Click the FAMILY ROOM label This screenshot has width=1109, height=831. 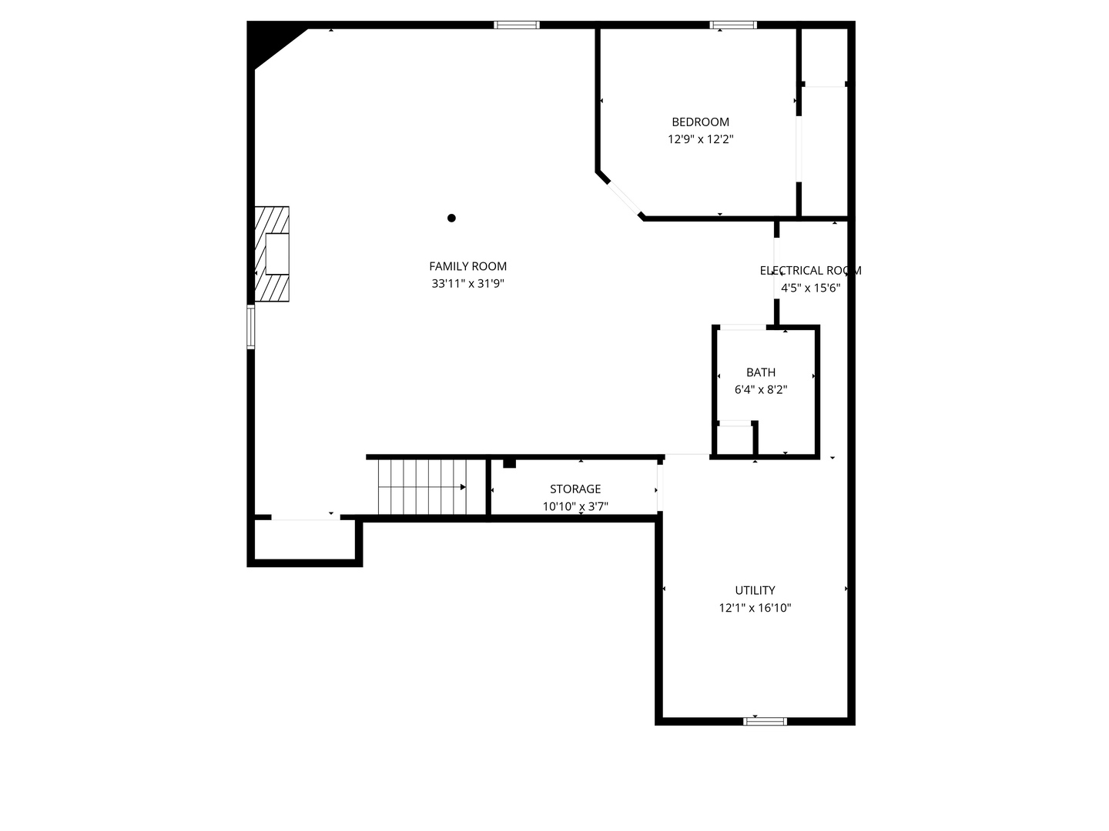coord(467,266)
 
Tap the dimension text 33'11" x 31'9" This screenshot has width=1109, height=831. coord(467,284)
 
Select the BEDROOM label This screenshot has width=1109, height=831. coord(700,122)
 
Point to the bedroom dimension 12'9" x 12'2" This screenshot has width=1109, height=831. coord(700,139)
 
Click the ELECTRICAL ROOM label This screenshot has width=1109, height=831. coord(810,271)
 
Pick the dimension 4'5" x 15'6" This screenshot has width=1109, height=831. coord(810,289)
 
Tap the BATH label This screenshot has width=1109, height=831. coord(760,372)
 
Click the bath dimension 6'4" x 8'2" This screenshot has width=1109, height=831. coord(760,390)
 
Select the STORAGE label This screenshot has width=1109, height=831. coord(575,489)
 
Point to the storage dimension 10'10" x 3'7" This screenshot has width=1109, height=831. coord(575,507)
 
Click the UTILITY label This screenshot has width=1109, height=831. coord(755,591)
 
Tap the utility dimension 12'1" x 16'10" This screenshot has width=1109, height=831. coord(755,609)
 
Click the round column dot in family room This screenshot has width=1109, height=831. coord(451,218)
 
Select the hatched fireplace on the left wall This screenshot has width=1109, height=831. coord(272,254)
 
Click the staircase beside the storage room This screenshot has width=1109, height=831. coord(422,487)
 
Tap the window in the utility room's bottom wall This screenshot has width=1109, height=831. coord(765,721)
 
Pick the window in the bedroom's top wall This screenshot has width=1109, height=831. coord(733,25)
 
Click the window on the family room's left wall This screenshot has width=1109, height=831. coord(251,327)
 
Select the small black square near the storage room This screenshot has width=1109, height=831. coord(509,462)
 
